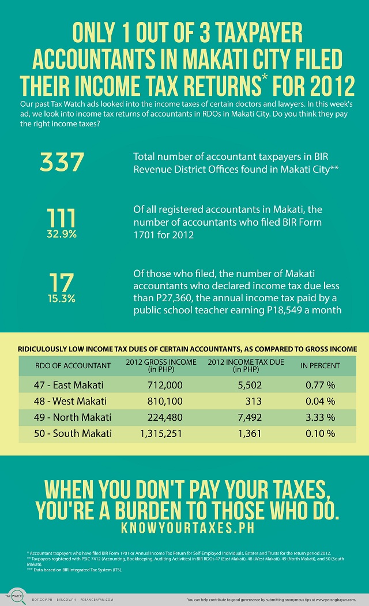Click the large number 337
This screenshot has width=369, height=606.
tap(62, 162)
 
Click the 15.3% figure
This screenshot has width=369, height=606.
tap(61, 299)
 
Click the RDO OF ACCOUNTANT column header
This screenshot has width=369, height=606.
tap(65, 365)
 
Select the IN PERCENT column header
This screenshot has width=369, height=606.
tap(320, 365)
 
